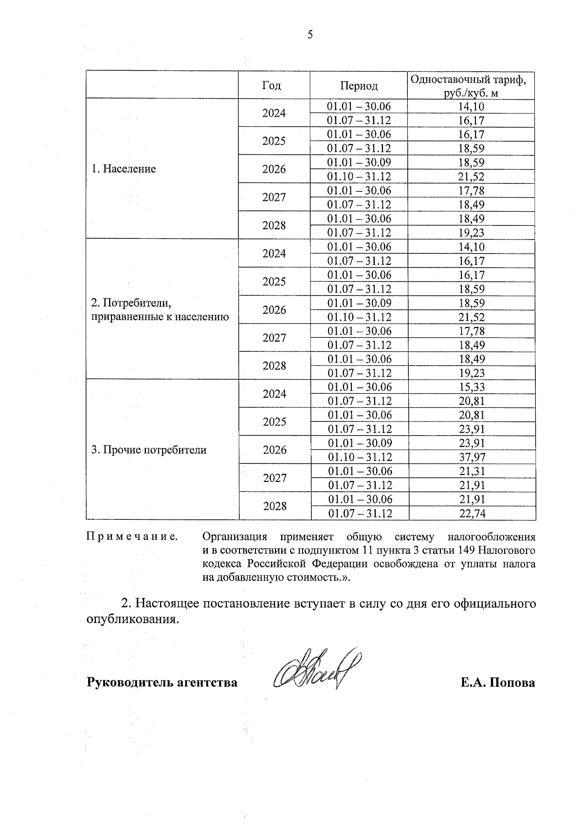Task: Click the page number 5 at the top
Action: tap(310, 35)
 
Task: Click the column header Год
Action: tap(272, 86)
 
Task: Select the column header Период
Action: tap(359, 86)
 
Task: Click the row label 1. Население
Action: tap(124, 169)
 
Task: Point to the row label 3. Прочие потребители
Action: tap(149, 450)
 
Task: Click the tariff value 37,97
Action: tap(472, 457)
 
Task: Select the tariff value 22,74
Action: tap(472, 514)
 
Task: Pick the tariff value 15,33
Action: tap(472, 387)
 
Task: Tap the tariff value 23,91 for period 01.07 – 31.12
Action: tap(472, 429)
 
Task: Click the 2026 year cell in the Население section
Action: tap(274, 169)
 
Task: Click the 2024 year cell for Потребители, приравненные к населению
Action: tap(274, 254)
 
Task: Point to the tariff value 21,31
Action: tap(472, 471)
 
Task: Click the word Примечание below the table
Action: tap(132, 537)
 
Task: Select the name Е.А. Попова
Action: tap(498, 682)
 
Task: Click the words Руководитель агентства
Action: tap(162, 682)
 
